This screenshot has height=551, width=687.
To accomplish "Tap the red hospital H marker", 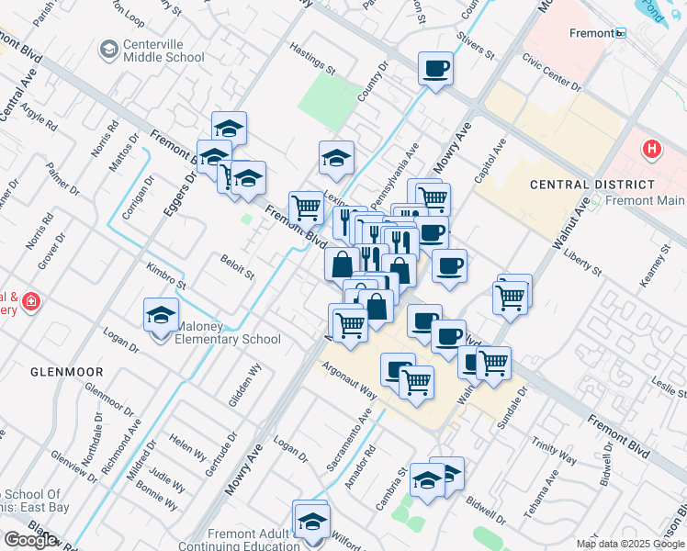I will click(651, 148).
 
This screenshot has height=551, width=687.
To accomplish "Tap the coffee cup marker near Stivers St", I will click(436, 68).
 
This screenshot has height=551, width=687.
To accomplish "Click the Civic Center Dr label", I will click(552, 73).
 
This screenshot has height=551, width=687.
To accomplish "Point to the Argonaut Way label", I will click(349, 378).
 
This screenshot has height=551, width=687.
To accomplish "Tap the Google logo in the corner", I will click(30, 540).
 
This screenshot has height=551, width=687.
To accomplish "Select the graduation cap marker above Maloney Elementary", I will click(162, 314).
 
